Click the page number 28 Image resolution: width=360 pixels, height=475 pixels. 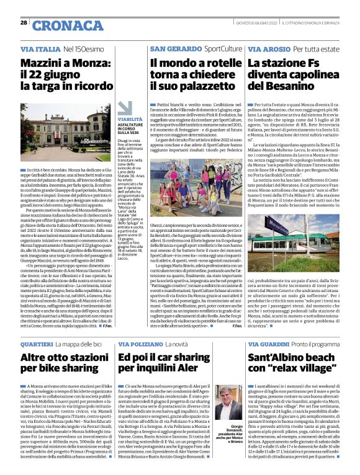click(x=23, y=22)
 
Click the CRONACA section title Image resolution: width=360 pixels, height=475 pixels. click(x=68, y=25)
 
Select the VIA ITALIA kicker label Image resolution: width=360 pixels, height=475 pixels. click(x=40, y=48)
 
